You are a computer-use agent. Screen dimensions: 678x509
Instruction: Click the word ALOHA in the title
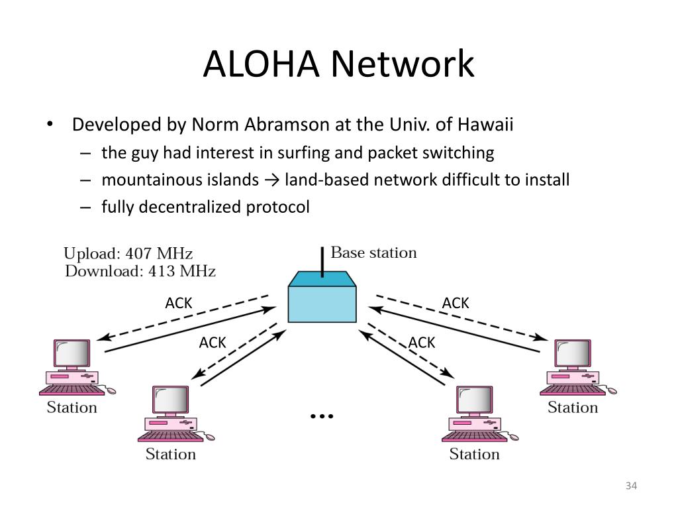261,64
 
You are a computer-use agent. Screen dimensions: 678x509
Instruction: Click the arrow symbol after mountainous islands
271,180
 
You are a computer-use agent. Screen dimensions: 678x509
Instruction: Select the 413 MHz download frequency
182,271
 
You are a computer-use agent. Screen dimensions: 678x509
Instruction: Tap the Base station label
373,253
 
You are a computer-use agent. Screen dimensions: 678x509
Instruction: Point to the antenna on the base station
322,262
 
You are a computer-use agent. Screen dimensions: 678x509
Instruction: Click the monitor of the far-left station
72,354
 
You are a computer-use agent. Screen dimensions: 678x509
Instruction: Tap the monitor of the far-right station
573,354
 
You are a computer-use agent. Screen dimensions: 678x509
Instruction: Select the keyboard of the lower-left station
170,436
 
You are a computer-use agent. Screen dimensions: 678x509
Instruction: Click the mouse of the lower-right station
513,436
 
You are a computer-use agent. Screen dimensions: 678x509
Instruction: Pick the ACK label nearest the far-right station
456,303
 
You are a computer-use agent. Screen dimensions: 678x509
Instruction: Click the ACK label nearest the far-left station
179,303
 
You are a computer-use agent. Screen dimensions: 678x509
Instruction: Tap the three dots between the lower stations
322,416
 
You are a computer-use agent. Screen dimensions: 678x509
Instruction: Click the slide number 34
631,486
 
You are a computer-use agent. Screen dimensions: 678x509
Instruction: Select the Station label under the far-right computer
573,408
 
